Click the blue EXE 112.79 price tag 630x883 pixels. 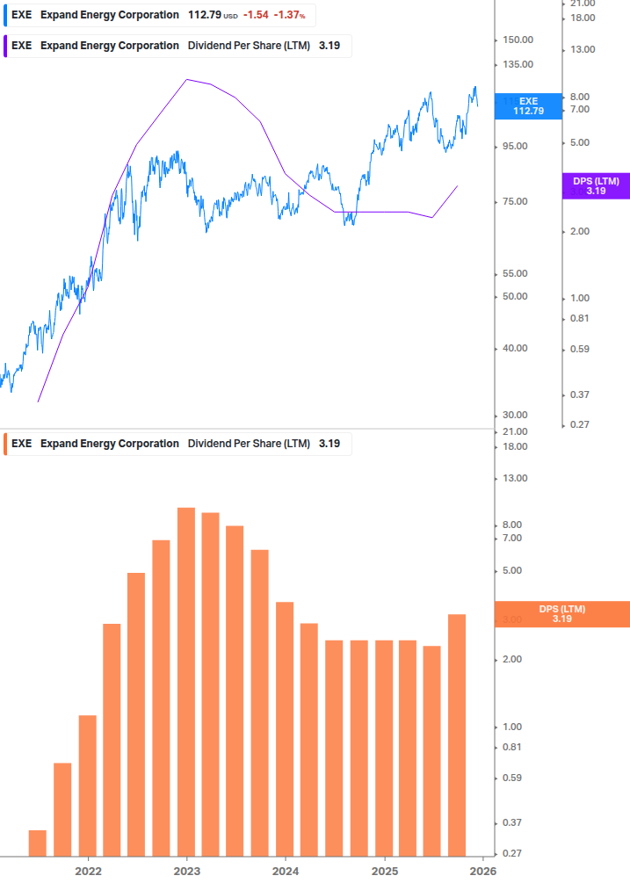point(528,105)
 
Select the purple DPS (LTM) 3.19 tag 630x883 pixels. point(596,185)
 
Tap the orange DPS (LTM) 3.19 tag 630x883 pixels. point(561,613)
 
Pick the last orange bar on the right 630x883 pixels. point(457,735)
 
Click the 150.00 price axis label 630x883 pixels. point(518,40)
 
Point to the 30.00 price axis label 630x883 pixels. point(514,415)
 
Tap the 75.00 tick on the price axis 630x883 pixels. point(514,202)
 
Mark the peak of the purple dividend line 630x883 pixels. point(186,79)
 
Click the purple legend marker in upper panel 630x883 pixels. point(6,46)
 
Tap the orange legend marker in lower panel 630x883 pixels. point(6,444)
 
